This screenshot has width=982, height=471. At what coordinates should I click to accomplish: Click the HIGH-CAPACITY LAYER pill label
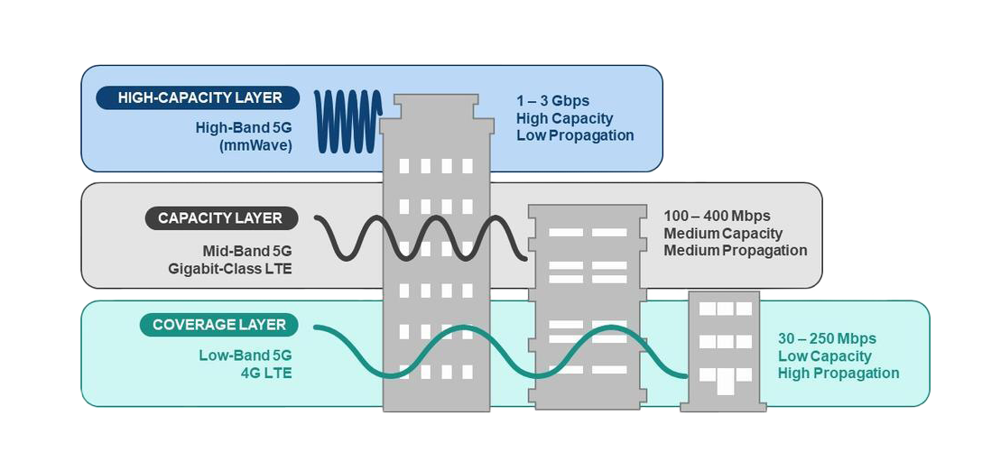click(199, 98)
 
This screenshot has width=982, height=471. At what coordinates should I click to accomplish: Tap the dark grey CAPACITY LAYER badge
click(219, 218)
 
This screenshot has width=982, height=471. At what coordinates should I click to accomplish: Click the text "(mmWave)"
click(261, 144)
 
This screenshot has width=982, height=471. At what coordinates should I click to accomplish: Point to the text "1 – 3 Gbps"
click(552, 101)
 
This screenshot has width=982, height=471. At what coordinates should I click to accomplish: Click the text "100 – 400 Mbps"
click(717, 217)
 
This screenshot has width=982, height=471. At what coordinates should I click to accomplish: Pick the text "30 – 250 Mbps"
click(827, 339)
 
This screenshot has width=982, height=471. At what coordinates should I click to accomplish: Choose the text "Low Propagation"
click(575, 135)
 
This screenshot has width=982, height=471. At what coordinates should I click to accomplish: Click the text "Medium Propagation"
click(735, 251)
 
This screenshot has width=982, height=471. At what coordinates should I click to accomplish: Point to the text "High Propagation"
click(838, 374)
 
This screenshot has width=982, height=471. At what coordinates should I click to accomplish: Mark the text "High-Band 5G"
click(244, 128)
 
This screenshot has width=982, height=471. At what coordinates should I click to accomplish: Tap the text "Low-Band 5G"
click(245, 356)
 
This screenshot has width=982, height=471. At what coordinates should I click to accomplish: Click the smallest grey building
click(723, 352)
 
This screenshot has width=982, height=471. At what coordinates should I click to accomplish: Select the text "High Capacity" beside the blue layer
click(564, 118)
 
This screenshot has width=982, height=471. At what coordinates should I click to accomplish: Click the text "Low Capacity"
click(826, 356)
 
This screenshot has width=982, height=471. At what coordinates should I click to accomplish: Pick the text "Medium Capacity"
click(723, 234)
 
